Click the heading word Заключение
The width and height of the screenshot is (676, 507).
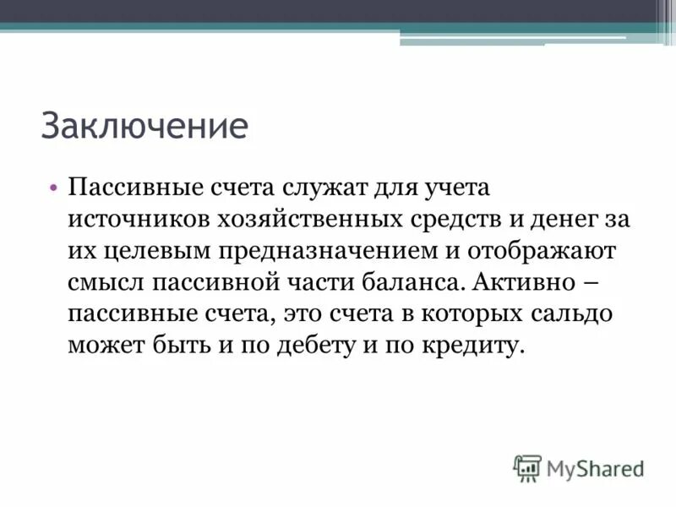pyautogui.click(x=144, y=128)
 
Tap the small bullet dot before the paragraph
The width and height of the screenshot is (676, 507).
pyautogui.click(x=52, y=186)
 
